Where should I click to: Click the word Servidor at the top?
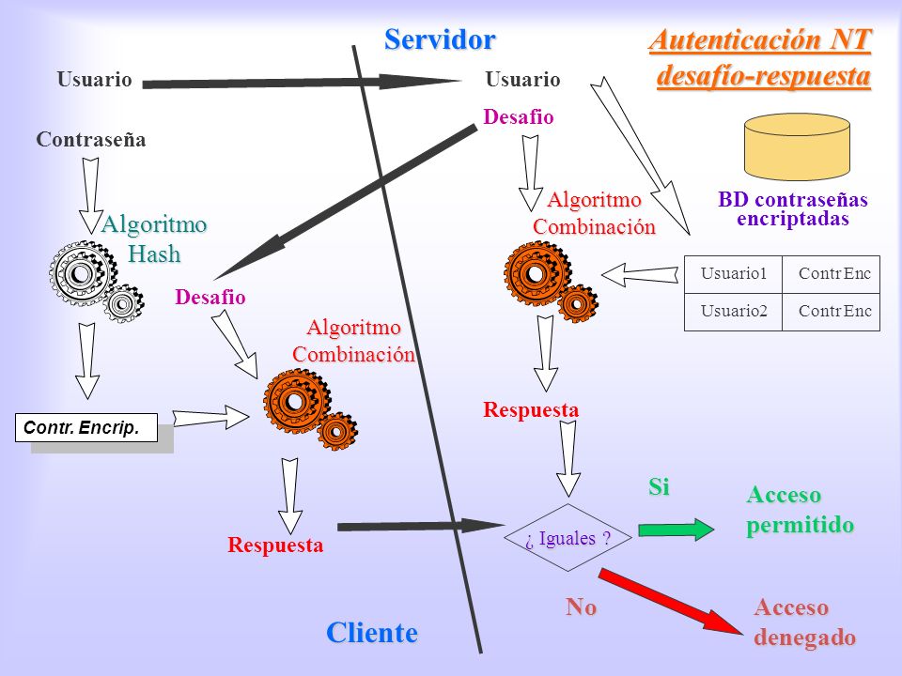coord(440,39)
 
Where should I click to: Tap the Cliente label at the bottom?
coord(372,632)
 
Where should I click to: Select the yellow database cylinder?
coord(797,146)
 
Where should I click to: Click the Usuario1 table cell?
coord(734,274)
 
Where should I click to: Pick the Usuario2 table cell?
coord(734,312)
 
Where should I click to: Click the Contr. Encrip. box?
coord(86,428)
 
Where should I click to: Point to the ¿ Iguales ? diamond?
coord(568,537)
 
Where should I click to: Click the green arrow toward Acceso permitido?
coord(676,529)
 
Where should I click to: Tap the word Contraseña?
coord(91,140)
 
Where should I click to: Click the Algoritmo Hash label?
coord(153,238)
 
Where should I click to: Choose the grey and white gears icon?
coord(96,281)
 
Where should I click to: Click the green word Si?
coord(659,487)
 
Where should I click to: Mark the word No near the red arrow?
coord(581,607)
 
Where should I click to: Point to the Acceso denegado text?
coord(804,622)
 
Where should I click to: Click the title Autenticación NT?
coord(760,40)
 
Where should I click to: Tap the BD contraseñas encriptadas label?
coord(793,208)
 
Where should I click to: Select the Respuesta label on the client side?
coord(275,545)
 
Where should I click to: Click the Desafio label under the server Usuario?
coord(519,117)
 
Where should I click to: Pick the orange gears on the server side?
coord(551,281)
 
